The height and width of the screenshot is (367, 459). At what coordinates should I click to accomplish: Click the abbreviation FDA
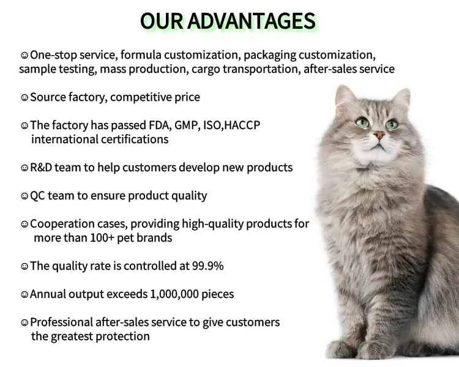pos(159,125)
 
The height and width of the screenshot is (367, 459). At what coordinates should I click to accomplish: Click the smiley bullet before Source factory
pos(24,98)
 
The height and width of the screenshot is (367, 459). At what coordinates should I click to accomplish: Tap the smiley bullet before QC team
pos(24,196)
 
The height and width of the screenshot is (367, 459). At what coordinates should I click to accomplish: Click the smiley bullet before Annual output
pos(24,295)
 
